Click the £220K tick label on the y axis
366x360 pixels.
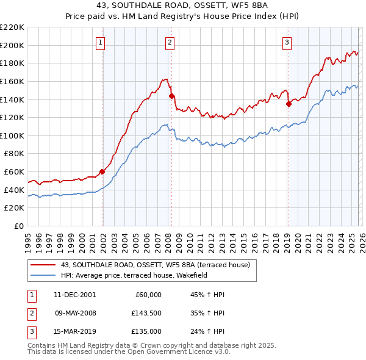pyautogui.click(x=12, y=27)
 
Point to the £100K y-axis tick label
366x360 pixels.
pyautogui.click(x=12, y=135)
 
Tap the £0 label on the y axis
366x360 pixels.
pyautogui.click(x=20, y=226)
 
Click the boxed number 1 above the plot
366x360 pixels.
pyautogui.click(x=100, y=42)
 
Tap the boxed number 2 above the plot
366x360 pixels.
pyautogui.click(x=170, y=42)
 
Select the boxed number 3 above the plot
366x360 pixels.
pyautogui.click(x=287, y=42)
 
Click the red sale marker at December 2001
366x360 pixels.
pyautogui.click(x=102, y=171)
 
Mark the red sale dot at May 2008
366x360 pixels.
pyautogui.click(x=171, y=96)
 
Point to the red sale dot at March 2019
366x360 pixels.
pyautogui.click(x=289, y=104)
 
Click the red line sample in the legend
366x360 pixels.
pyautogui.click(x=43, y=264)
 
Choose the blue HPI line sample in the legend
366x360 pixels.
pyautogui.click(x=43, y=275)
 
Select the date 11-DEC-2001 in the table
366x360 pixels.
pyautogui.click(x=74, y=295)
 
